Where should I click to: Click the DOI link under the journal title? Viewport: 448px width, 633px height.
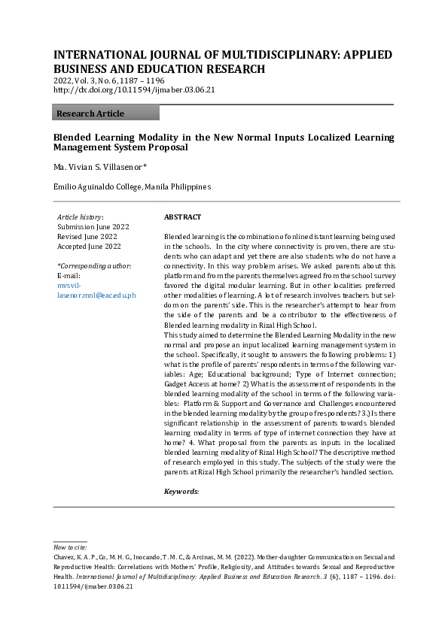point(134,90)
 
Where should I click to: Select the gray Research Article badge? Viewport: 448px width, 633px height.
point(106,114)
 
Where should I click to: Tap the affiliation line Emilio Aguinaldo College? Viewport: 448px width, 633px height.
point(132,186)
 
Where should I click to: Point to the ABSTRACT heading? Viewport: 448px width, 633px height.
point(182,217)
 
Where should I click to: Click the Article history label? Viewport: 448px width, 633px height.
point(81,217)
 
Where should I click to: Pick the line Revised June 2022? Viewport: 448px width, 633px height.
point(87,236)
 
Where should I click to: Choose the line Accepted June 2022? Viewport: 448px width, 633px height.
point(90,246)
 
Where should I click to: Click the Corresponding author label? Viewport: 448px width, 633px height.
point(94,266)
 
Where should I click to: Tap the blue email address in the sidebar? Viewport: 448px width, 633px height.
point(96,290)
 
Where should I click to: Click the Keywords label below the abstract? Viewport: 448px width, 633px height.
point(181,491)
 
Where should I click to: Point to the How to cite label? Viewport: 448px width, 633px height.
point(70,548)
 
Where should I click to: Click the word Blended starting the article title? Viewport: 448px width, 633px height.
point(71,138)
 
